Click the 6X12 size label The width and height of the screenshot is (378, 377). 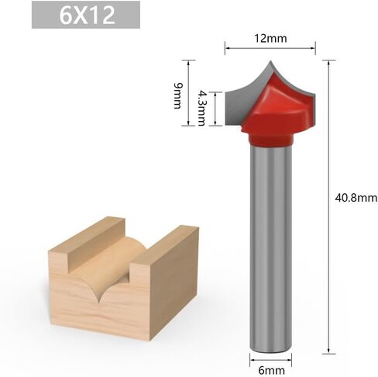point(87,15)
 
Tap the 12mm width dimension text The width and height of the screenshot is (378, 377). point(270,38)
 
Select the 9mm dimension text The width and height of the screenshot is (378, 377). point(177,95)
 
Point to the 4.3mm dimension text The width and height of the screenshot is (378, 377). point(202,108)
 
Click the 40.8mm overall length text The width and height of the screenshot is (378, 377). point(356,198)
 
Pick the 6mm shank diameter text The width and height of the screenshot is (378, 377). point(271,370)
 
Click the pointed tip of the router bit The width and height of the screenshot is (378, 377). point(270,61)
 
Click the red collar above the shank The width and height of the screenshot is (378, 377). point(271,139)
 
